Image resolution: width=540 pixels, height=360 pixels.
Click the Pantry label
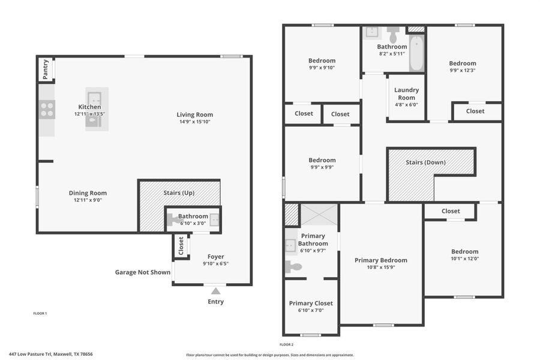tap(46, 70)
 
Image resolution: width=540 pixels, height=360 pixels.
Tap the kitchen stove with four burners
tap(47, 110)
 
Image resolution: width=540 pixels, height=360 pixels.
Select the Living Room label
tap(194, 115)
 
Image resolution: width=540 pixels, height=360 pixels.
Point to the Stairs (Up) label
tap(179, 193)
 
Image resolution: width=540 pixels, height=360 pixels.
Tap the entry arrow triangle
tap(215, 291)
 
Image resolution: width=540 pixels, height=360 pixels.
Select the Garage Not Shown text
tap(143, 272)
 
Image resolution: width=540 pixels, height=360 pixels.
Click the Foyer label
tap(215, 257)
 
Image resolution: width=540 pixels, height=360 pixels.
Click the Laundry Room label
tap(406, 94)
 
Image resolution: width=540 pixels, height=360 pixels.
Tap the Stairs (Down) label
tap(425, 162)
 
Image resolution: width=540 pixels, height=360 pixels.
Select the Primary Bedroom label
tap(380, 260)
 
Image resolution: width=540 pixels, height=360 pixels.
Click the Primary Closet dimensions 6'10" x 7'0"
tap(310, 311)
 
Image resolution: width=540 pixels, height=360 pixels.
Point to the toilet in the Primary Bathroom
tap(293, 267)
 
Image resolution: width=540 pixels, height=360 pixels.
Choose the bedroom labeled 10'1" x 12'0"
tap(464, 255)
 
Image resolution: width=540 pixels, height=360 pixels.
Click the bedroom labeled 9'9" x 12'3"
tap(463, 67)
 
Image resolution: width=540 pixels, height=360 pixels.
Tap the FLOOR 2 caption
tap(286, 344)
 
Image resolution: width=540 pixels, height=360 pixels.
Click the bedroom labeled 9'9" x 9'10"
tap(322, 64)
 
